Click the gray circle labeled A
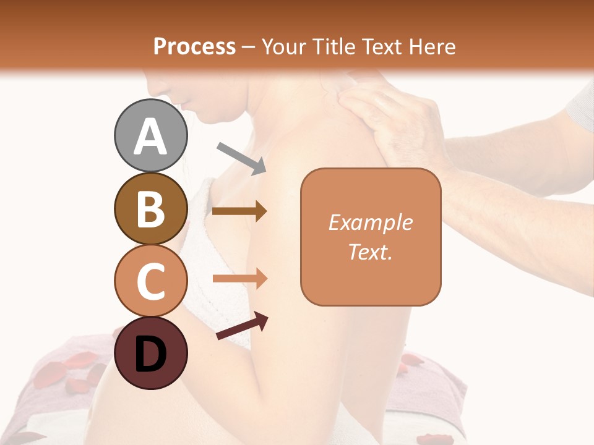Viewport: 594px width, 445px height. [151, 135]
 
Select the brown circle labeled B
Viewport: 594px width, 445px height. [151, 208]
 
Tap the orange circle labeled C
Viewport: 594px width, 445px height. [151, 281]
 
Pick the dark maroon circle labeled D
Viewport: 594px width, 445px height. [151, 353]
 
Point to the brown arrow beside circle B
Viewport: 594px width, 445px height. [239, 211]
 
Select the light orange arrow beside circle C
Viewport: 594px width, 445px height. [239, 279]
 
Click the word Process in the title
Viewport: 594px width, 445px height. [194, 46]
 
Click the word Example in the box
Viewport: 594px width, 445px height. [371, 222]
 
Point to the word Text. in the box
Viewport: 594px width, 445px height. [371, 252]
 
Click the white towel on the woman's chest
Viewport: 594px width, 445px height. [204, 247]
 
